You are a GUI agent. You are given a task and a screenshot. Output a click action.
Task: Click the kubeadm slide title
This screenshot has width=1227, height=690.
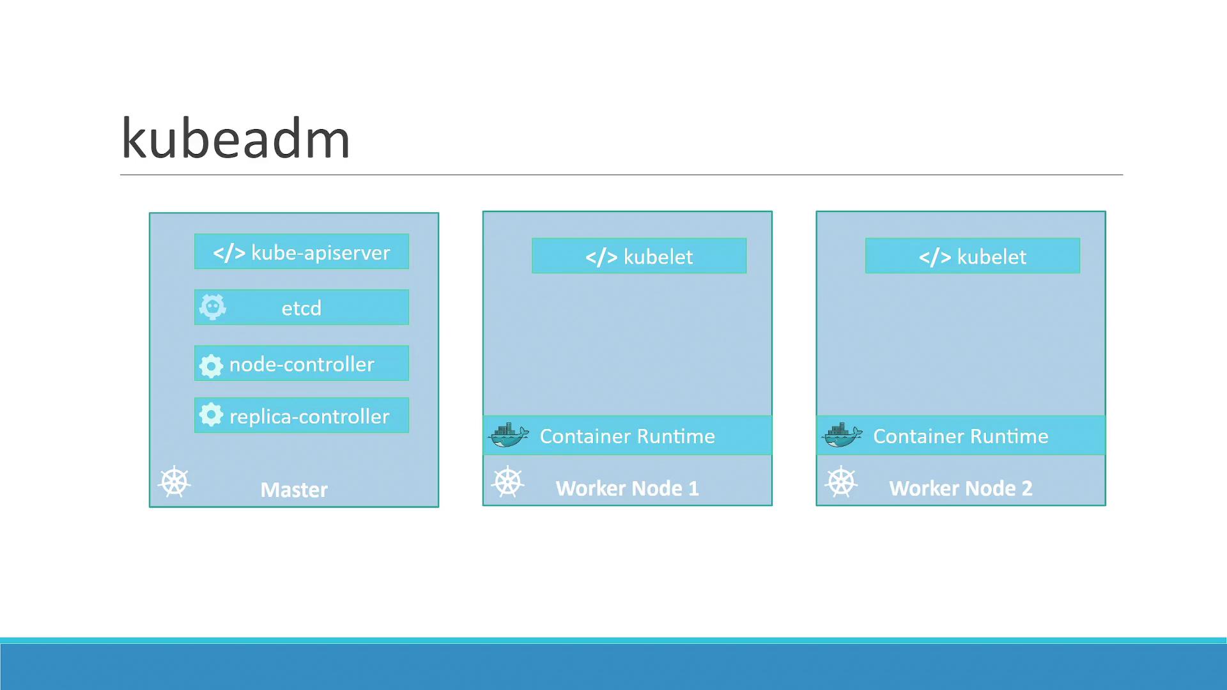point(235,139)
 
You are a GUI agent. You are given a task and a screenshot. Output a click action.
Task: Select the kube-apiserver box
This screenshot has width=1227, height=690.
point(302,252)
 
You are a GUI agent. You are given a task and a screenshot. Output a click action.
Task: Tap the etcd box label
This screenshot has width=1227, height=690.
point(302,308)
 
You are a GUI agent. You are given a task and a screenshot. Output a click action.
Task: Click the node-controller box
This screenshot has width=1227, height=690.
point(302,364)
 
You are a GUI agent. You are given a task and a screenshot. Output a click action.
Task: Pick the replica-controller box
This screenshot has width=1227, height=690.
point(302,416)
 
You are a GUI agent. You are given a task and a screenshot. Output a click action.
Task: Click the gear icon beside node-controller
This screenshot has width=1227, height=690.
point(211,365)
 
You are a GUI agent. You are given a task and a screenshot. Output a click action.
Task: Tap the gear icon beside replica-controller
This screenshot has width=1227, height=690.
point(211,415)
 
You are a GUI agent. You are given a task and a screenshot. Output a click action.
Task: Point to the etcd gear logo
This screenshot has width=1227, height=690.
point(212,307)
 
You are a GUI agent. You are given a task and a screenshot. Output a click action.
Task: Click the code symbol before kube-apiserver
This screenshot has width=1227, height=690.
point(229,253)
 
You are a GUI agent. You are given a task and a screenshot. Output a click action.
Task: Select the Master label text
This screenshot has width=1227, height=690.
point(294,489)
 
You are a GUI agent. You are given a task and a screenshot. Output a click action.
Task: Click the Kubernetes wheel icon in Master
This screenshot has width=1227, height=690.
point(174,482)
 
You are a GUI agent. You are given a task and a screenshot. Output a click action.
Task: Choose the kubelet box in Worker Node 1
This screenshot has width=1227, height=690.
point(639,256)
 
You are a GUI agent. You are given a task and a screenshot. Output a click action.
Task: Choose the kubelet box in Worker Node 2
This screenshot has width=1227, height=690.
point(973,256)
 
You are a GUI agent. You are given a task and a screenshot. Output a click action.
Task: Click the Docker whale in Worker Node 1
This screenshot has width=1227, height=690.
point(509,435)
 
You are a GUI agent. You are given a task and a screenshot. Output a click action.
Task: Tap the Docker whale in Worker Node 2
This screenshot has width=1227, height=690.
point(842,435)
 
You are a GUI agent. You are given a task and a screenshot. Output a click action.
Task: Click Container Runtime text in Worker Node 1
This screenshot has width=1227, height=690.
point(627,436)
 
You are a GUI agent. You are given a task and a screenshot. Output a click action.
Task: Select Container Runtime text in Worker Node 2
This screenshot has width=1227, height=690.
point(961,436)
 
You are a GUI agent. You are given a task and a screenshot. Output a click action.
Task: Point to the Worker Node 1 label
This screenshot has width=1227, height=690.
point(627,489)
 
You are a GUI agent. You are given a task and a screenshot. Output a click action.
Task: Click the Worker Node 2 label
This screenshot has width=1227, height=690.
point(961,489)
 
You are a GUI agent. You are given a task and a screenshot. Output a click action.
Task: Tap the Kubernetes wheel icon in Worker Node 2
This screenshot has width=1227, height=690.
point(841,482)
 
